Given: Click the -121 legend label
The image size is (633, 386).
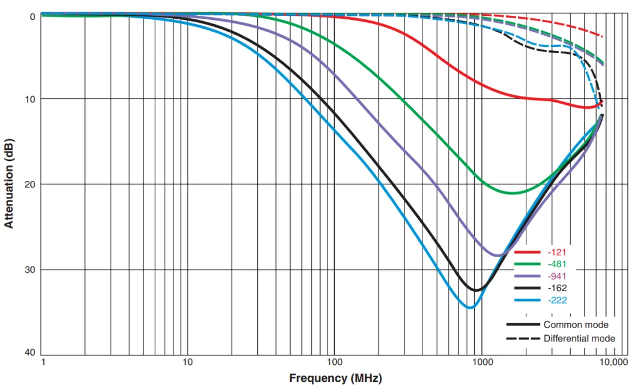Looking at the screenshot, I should [557, 252].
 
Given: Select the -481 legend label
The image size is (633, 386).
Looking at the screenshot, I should [557, 264].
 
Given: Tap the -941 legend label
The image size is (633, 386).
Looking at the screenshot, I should [557, 276].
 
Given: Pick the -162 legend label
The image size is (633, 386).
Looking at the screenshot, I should [557, 288].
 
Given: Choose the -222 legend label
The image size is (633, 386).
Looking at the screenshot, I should [557, 300].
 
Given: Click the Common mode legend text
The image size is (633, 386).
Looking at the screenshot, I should [576, 324].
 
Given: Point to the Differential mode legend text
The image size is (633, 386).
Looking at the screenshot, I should [579, 339].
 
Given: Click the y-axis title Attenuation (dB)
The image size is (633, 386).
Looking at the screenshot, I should [9, 183].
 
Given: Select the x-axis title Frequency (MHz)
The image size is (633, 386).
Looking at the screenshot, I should [335, 378].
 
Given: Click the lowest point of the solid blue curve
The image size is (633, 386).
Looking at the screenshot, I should [470, 308].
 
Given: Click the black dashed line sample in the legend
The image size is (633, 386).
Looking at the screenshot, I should [523, 339].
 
